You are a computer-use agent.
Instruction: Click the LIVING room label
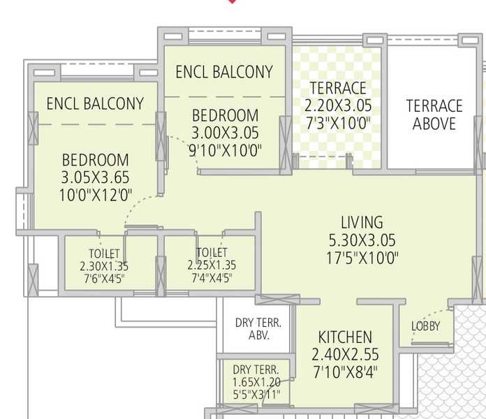tap(362, 223)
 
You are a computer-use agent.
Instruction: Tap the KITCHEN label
tap(345, 337)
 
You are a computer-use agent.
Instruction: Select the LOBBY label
tap(425, 326)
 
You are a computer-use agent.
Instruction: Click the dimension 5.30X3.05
tap(362, 240)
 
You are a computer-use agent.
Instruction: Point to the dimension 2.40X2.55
tap(345, 355)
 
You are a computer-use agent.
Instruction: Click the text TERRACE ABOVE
tap(434, 115)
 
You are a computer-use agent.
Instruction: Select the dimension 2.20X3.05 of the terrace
tap(338, 105)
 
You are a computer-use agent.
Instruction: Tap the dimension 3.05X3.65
tap(95, 177)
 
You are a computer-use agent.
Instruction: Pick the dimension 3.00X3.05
tap(225, 133)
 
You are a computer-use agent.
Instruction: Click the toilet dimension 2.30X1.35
tap(104, 267)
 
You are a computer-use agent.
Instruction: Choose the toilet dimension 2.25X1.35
tap(212, 265)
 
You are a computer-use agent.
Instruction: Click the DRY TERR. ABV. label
tap(258, 329)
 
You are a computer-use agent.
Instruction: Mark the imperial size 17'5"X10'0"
tap(362, 258)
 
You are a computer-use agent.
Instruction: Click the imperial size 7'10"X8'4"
tap(345, 372)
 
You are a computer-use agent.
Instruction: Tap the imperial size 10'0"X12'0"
tap(96, 196)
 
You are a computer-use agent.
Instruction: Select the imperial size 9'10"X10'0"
tap(225, 151)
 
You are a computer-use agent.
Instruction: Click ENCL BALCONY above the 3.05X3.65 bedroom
tap(95, 103)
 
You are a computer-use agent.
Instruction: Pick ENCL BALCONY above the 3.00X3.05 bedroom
tap(224, 72)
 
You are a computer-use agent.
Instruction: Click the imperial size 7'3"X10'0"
tap(338, 124)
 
